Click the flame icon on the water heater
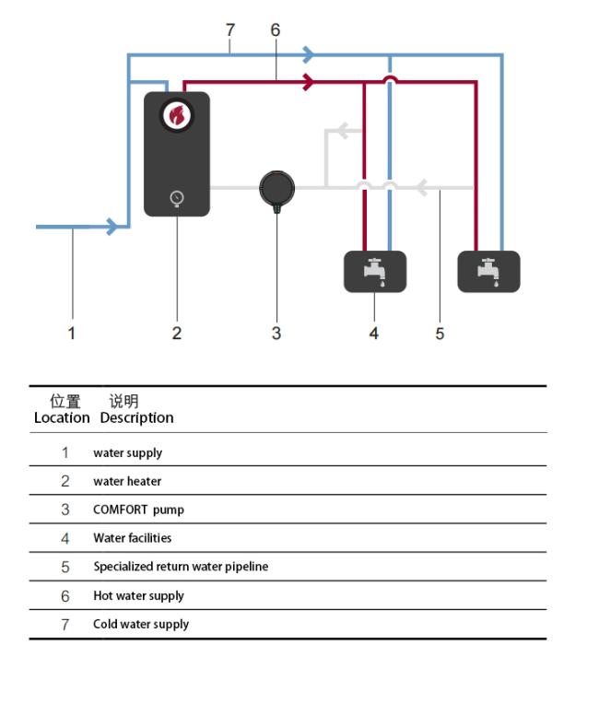177,115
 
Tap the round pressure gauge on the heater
177,198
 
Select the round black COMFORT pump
276,189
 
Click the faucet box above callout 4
375,272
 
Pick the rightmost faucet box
488,272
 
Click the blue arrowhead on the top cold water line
309,54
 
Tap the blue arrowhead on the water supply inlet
112,227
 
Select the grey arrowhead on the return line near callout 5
421,188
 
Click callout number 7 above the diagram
230,30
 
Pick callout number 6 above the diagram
276,30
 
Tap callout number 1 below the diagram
71,333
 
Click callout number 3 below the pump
276,333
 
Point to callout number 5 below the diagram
440,334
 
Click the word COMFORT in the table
120,510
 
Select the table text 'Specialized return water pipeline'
181,567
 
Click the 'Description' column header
136,417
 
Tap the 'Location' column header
62,417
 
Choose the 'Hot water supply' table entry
138,596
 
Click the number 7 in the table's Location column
65,625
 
